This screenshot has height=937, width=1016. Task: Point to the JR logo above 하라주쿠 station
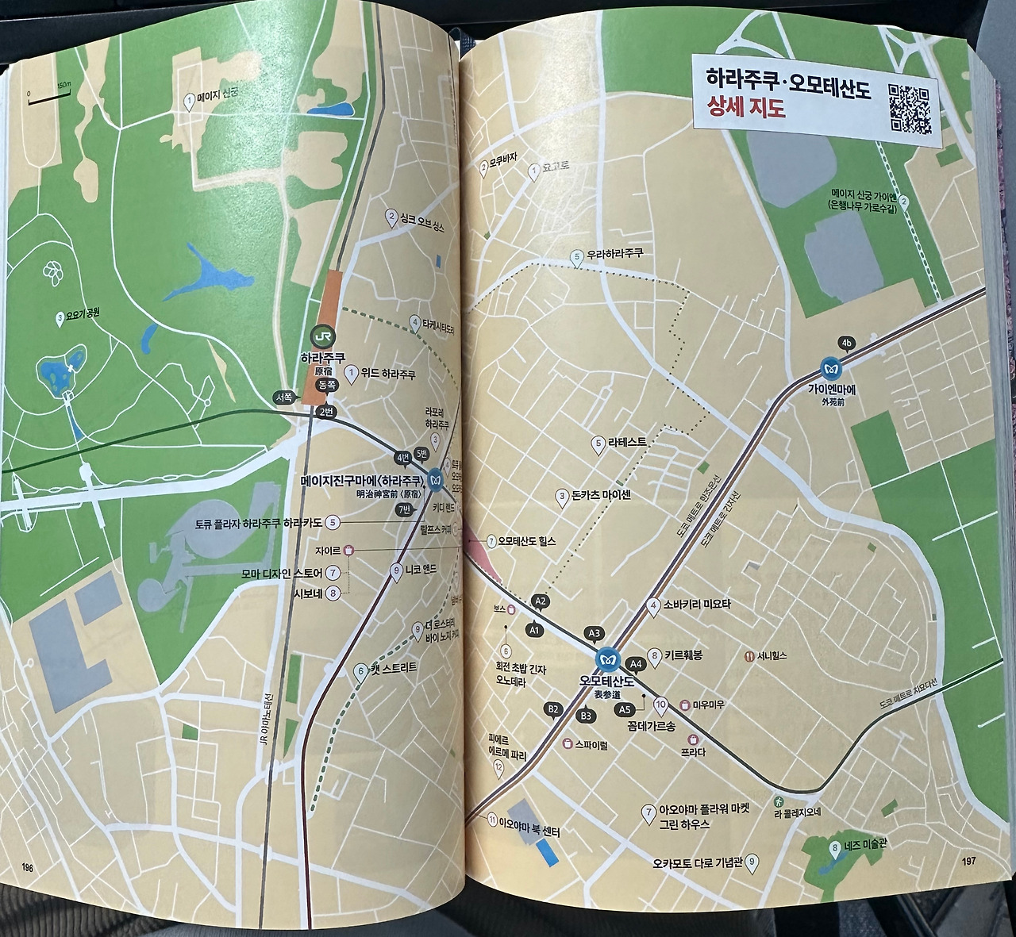321,336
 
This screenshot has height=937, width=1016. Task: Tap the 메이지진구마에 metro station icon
436,480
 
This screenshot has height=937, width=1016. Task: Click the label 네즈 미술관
864,846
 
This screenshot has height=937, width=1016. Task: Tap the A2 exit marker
541,602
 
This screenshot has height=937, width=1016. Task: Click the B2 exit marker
553,709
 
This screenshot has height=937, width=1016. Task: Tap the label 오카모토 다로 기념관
698,862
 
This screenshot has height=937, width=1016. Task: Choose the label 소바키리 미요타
696,605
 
